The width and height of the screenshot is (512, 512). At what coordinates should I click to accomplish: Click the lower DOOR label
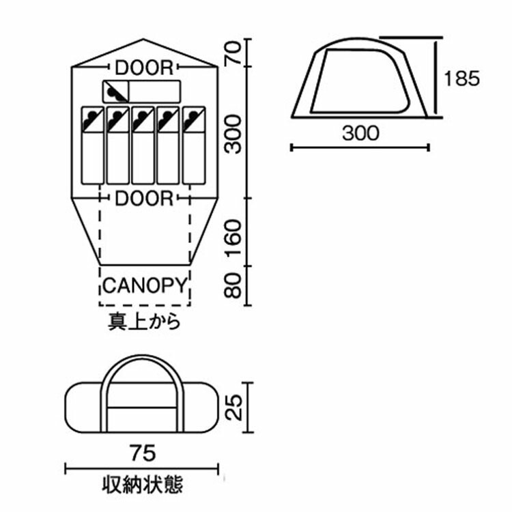[144, 198]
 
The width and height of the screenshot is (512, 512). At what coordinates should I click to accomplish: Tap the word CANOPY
[144, 283]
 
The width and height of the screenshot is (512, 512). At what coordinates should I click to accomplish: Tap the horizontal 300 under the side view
[360, 133]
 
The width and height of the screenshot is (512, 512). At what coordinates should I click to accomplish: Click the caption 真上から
[144, 321]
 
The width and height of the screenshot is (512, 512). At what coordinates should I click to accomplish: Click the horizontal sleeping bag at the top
[141, 91]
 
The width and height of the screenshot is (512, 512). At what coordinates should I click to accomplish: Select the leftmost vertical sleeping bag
[92, 145]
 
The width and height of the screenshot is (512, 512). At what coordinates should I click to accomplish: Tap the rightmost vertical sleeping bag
[194, 145]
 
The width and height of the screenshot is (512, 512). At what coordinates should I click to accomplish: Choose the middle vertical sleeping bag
[143, 145]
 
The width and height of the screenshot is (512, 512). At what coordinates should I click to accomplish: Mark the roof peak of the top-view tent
[143, 41]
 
